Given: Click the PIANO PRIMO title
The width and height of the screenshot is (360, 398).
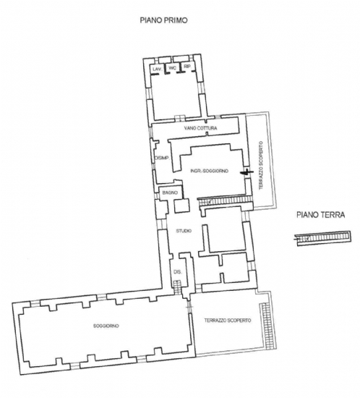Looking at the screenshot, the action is pos(164,20).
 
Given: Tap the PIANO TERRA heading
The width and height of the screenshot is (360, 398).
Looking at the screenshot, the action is pos(321,215).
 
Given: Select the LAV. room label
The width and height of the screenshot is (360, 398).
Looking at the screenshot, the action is pos(157,69).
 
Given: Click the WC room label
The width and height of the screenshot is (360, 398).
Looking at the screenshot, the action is pos(172,68).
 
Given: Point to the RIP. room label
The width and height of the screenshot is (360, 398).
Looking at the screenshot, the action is pos(187,67).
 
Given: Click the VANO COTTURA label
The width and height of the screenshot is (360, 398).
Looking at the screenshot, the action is pos(200,128).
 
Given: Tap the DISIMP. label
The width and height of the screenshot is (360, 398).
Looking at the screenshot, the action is pos(162,158).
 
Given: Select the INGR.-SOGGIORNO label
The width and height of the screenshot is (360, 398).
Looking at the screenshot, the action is pos(209,171).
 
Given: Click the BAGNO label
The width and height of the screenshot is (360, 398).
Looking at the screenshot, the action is pos(170,192).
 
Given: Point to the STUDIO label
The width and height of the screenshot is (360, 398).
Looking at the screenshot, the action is pos(184,231).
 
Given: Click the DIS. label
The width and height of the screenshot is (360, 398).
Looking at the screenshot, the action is pos(178,272).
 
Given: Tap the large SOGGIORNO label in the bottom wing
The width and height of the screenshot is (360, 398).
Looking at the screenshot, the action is pos(106,326).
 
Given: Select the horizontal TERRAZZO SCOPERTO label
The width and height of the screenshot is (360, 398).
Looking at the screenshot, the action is pos(228,321).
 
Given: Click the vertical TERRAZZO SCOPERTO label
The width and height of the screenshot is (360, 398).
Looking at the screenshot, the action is pos(261,166).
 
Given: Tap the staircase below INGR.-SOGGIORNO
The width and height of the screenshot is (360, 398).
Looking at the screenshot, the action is pos(225,201).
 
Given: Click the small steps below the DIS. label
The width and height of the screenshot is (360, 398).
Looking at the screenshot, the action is pos(177,284).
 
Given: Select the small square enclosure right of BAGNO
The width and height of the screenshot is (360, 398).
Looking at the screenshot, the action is pos(182,206).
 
